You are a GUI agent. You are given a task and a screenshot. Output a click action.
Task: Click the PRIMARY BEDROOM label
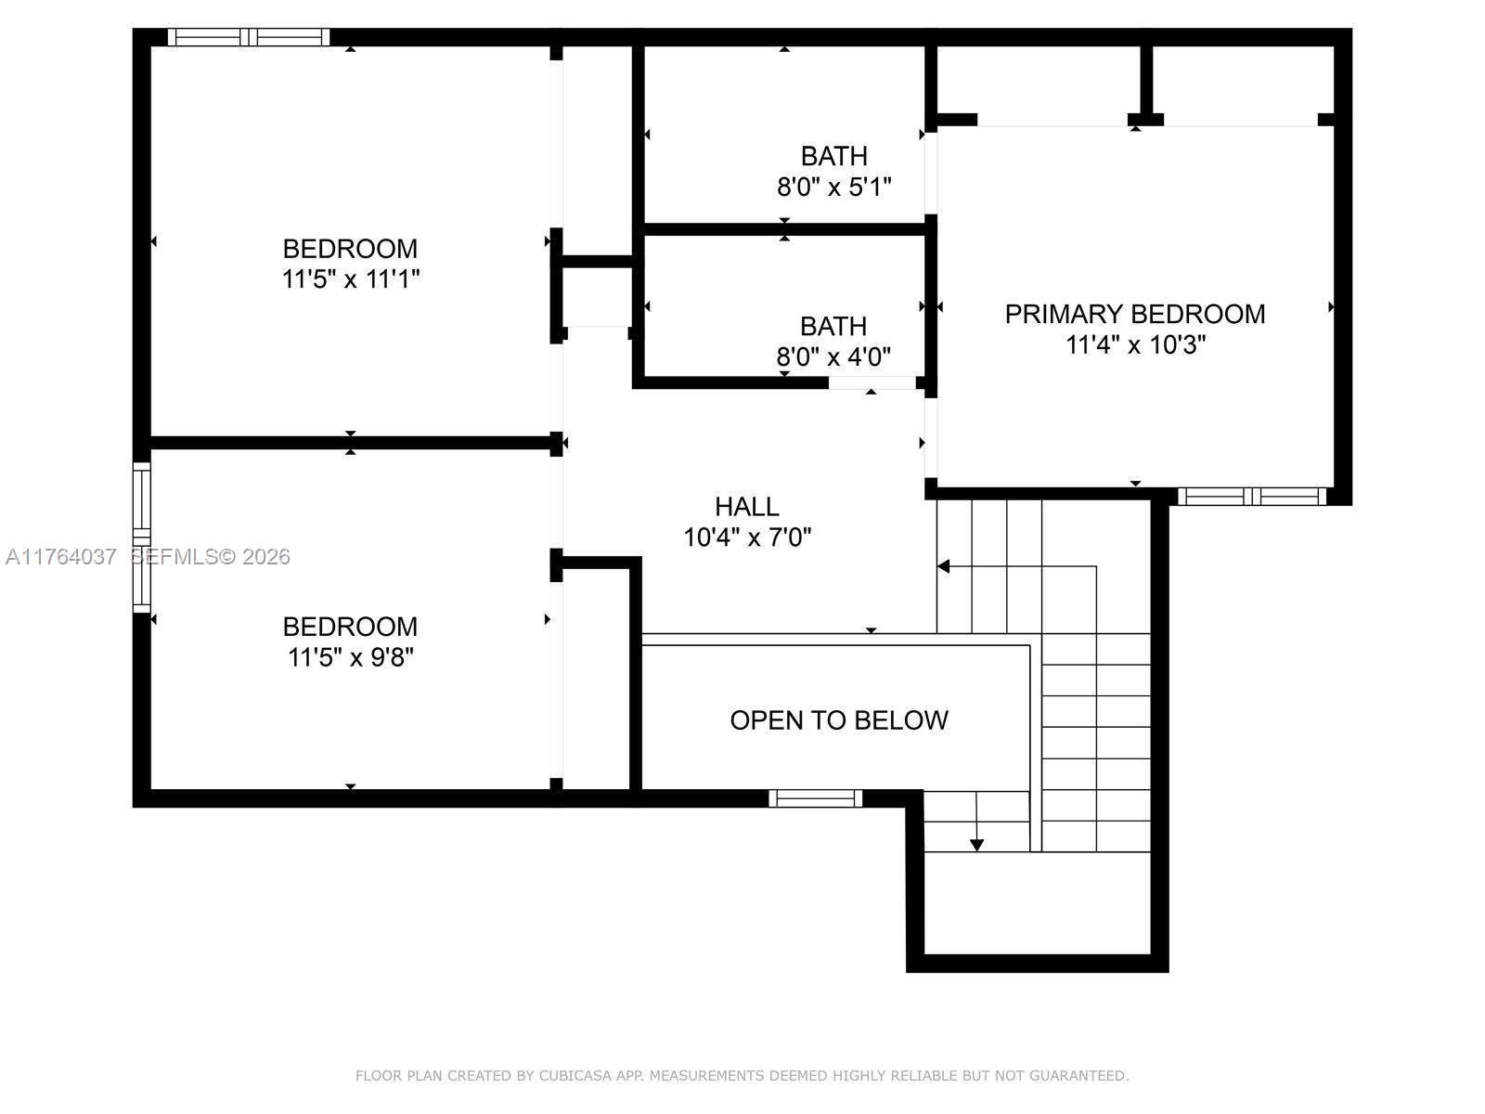point(1134,314)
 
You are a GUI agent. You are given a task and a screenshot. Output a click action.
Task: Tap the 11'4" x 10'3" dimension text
point(1135,345)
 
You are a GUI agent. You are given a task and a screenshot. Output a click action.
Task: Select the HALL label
point(746,507)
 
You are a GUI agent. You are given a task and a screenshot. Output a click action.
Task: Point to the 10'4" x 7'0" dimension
point(747,538)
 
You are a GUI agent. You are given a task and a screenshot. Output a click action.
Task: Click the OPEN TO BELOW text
point(838,720)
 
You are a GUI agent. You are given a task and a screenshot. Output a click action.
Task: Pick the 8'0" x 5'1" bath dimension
point(833,188)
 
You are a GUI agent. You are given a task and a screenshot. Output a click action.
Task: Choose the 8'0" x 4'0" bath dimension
point(833,356)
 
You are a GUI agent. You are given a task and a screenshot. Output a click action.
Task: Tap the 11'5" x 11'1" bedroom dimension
point(351,279)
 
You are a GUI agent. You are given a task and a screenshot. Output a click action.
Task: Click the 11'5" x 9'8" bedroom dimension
point(351,657)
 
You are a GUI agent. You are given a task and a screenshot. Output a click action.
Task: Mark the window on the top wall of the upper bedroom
point(248,37)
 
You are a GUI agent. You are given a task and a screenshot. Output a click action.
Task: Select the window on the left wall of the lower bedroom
point(141,537)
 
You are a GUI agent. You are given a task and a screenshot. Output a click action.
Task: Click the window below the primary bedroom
point(1252,497)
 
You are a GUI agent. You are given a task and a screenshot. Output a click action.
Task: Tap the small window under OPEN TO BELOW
point(815,797)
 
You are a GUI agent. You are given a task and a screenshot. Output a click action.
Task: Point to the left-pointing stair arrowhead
point(943,566)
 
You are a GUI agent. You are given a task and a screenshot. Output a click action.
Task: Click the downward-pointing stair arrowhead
point(976,844)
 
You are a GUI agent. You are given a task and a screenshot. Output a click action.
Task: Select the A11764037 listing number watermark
point(61,557)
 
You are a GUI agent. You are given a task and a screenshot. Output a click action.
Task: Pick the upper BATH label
point(833,156)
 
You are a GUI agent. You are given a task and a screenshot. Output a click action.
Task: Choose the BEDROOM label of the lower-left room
point(350,627)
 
